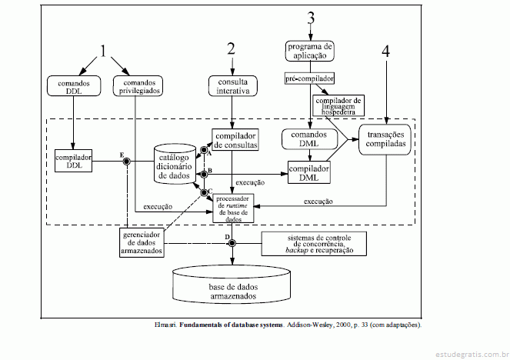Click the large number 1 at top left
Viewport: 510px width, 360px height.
point(104,53)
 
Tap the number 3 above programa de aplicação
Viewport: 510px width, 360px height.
point(311,18)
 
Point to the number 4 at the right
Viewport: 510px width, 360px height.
point(385,52)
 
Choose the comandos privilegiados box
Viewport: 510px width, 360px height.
point(137,85)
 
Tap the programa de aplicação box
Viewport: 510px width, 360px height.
point(311,51)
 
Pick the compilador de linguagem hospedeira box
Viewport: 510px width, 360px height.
point(338,105)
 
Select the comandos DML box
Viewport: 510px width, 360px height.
point(308,139)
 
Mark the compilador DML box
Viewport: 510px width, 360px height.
point(309,172)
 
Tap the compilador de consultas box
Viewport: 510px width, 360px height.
point(235,139)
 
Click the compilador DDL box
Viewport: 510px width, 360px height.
point(75,162)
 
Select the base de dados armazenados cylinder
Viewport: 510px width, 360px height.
point(232,287)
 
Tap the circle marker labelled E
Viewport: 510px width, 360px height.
point(127,161)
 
